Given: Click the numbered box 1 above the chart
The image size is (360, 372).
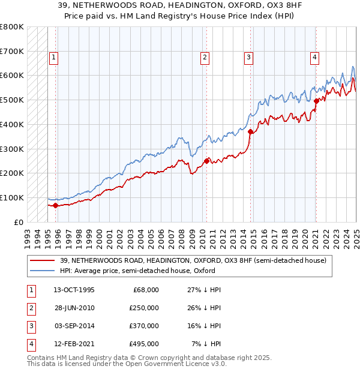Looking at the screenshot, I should (53, 58).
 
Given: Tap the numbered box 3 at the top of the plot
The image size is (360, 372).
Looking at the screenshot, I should (248, 58).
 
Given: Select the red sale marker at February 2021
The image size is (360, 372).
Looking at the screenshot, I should (316, 101).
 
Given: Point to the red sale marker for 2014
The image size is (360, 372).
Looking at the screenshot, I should (250, 131).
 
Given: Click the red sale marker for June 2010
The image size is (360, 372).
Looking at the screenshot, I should (206, 161).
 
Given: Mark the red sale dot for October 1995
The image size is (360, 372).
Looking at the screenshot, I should (56, 205).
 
